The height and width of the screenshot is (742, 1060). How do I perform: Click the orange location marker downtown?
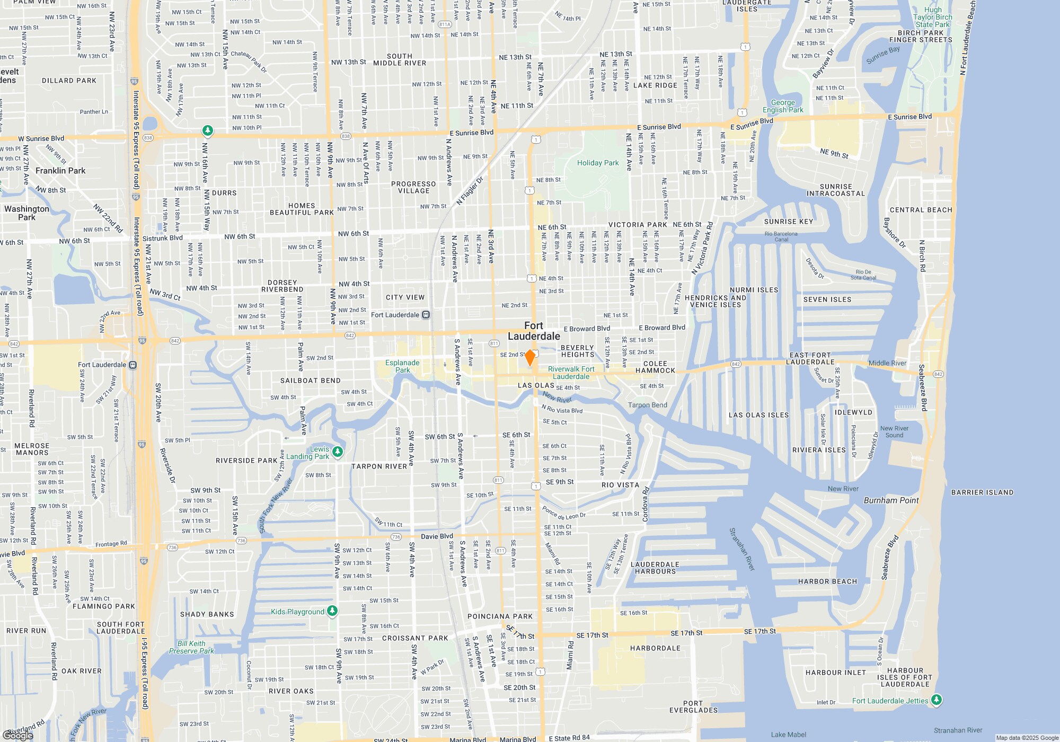(x=529, y=358)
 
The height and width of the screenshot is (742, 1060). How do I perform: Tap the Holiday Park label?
(x=598, y=163)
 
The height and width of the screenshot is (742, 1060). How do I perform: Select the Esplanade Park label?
(x=402, y=366)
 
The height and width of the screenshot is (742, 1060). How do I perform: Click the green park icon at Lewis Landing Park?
(x=338, y=452)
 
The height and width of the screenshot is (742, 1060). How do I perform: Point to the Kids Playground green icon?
(x=332, y=611)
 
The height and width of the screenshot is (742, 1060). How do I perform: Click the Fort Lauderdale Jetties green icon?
(x=937, y=700)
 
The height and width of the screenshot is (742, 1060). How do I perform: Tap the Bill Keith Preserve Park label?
(x=191, y=647)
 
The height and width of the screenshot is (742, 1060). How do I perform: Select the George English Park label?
(x=783, y=106)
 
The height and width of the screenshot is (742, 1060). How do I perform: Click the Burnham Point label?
(x=891, y=500)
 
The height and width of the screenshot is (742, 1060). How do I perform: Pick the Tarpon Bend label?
(x=647, y=405)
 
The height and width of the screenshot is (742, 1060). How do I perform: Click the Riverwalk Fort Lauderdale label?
(x=571, y=373)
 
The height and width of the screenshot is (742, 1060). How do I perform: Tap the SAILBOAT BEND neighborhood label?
(x=310, y=381)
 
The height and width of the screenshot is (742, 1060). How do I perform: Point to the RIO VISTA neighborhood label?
(x=620, y=485)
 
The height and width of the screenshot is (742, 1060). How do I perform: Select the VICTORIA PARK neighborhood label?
(x=638, y=225)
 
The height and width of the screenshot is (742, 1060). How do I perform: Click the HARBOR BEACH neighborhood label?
(x=827, y=581)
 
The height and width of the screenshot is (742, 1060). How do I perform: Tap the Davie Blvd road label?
(x=437, y=536)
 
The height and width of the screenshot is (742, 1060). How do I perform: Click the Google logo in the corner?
(x=17, y=735)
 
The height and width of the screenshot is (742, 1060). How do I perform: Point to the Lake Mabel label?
(x=788, y=735)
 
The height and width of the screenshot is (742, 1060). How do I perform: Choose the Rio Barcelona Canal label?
(x=781, y=236)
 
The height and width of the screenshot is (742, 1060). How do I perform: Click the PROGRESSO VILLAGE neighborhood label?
(x=413, y=188)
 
